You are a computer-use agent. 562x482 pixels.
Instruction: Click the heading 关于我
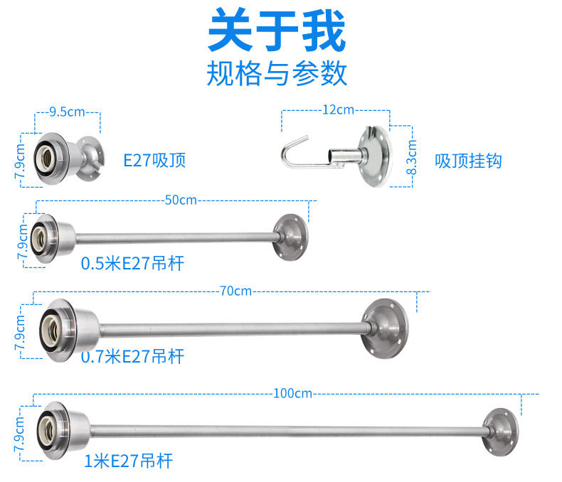tap(277, 31)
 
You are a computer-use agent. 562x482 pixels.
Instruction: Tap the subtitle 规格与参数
tap(277, 73)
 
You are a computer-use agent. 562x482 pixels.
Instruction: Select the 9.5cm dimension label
tap(67, 112)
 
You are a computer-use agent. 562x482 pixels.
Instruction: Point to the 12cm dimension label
tap(338, 109)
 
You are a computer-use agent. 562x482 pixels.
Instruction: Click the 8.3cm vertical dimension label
tap(412, 157)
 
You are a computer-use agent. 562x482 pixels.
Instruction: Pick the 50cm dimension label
tap(181, 200)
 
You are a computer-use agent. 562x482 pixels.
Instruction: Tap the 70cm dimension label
tap(235, 291)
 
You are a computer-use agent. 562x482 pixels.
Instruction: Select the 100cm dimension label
tap(292, 394)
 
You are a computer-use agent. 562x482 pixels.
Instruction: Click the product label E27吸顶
tap(154, 160)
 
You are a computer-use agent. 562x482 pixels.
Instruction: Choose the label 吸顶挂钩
tap(468, 161)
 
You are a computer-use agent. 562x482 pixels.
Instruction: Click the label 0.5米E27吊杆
tap(132, 263)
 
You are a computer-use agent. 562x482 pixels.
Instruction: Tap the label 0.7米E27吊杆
tap(132, 356)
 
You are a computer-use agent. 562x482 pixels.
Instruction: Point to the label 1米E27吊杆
tap(128, 461)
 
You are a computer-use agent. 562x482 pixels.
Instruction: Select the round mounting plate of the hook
tap(375, 156)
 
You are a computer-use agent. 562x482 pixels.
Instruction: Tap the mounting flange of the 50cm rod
tap(291, 237)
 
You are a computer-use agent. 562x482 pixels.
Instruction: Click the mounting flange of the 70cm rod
tap(385, 328)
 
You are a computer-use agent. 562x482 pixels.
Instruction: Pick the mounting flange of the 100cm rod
tap(500, 432)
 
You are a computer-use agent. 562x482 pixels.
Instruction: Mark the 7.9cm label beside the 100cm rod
tap(20, 434)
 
